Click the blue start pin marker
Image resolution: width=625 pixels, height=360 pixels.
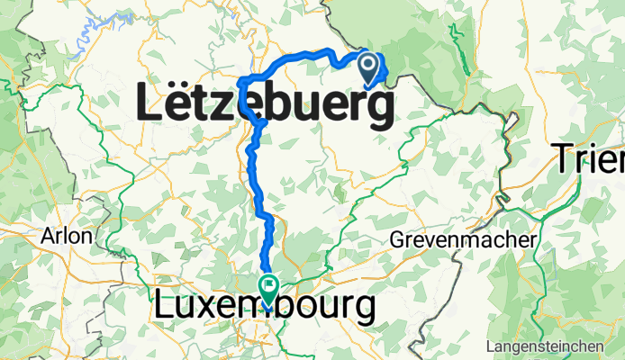point(369,66)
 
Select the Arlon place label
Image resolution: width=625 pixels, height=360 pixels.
point(67,237)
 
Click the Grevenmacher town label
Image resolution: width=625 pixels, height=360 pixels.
point(464,240)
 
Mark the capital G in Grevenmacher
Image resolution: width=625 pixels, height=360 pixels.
point(398,240)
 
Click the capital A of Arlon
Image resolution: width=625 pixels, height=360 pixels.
point(47,237)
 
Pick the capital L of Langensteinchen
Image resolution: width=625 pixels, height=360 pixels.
point(487,346)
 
